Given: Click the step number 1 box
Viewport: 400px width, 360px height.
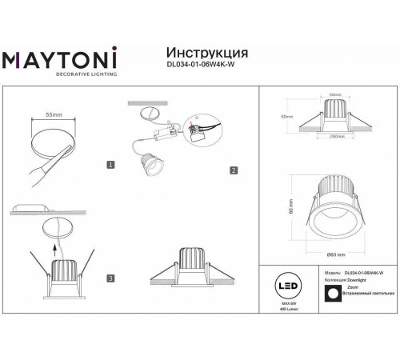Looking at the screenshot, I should (110, 164).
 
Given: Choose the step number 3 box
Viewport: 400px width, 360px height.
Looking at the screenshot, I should (110, 279).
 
